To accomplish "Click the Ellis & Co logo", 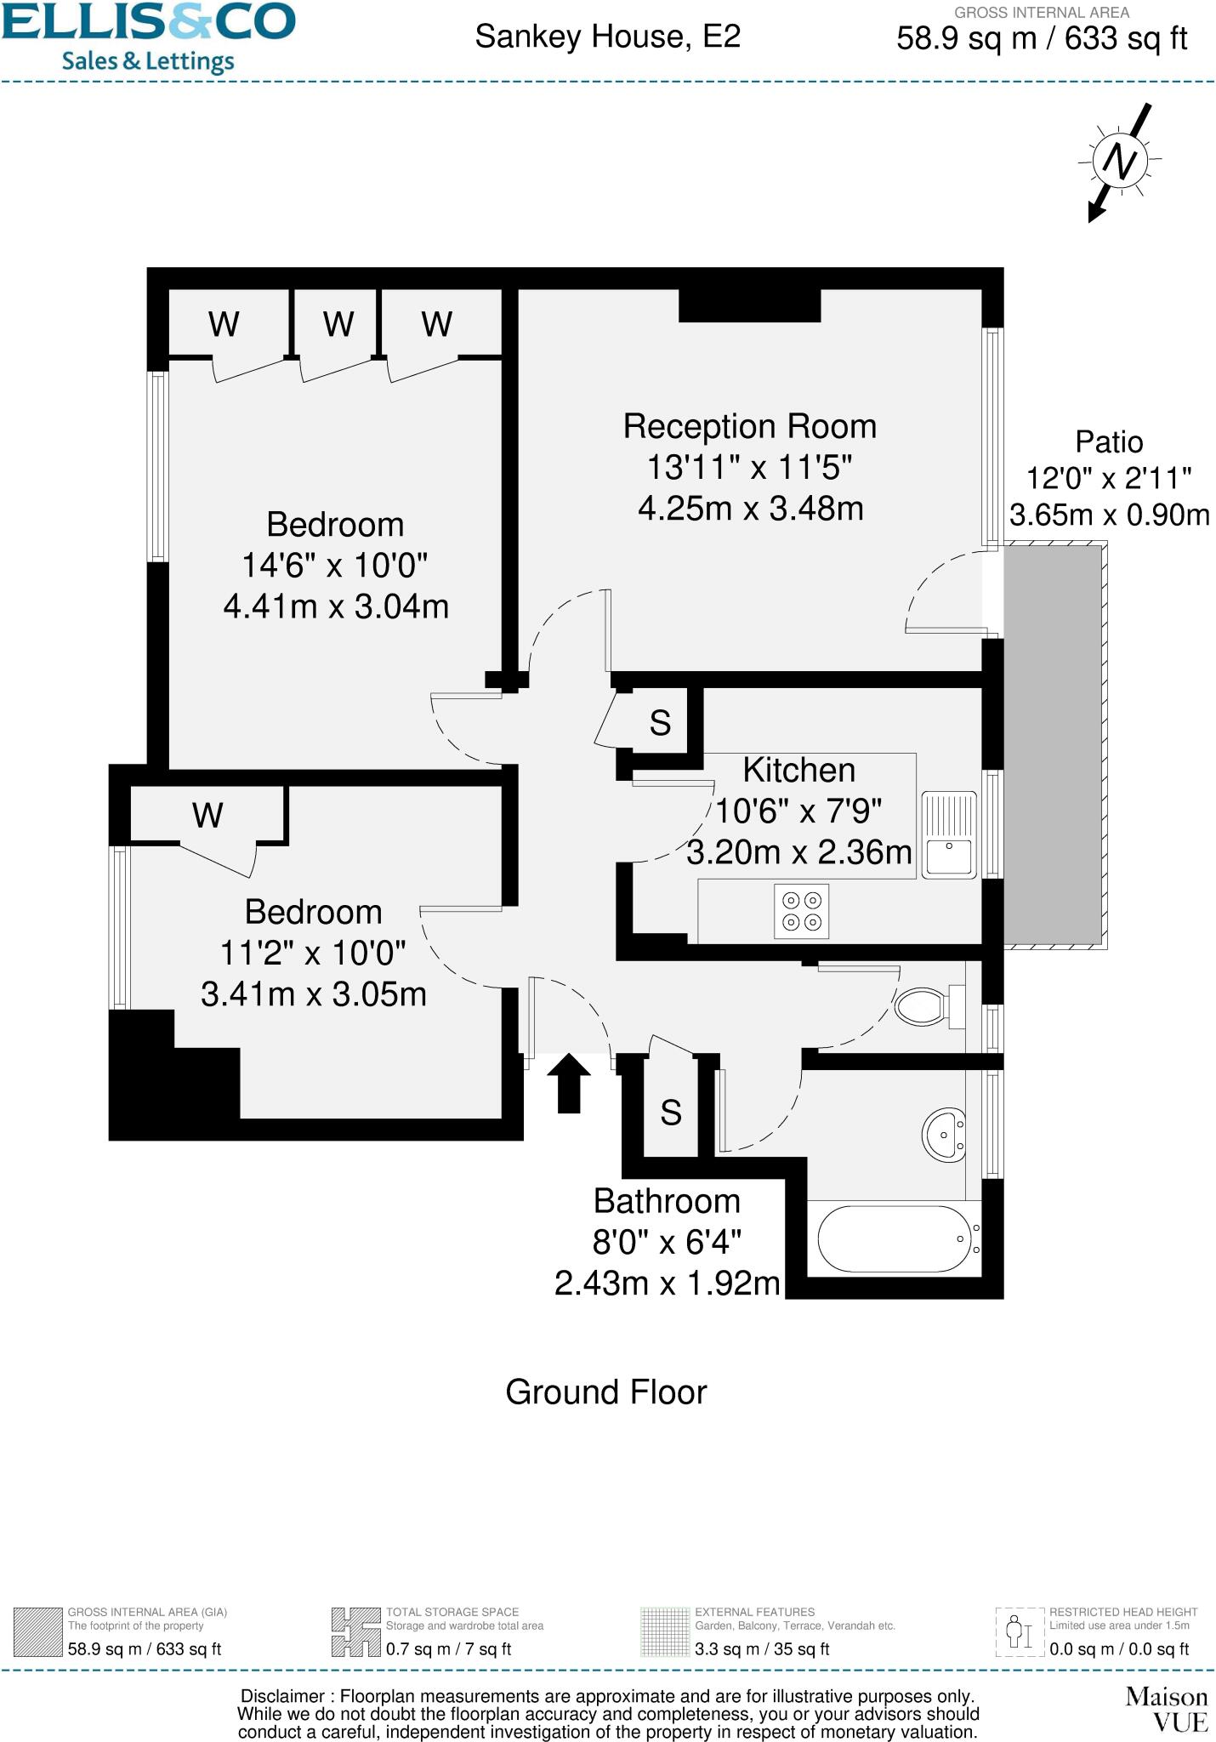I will pos(148,36).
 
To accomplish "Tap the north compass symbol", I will pos(1121,161).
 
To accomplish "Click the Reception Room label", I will pos(749,426).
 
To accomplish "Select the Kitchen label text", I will pos(798,770).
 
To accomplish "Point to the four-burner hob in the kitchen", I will pos(801,911).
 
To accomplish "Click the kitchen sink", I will pos(949,835).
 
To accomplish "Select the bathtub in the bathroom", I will pos(894,1238).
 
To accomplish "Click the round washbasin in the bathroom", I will pos(944,1134).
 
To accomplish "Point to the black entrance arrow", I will pos(568,1082).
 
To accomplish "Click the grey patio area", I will pos(1053,745).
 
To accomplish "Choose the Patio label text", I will pos(1109,442).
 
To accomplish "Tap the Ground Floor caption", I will pos(606,1392).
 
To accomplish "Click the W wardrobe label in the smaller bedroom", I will pos(207,816).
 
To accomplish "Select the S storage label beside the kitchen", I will pos(660,723).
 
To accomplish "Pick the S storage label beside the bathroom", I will pos(671,1113).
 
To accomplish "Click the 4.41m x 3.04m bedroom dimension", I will pos(336,606).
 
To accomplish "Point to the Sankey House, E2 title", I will pos(607,37).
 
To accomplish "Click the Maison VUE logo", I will pos(1166,1709).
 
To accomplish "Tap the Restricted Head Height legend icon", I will pos(1020,1631).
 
